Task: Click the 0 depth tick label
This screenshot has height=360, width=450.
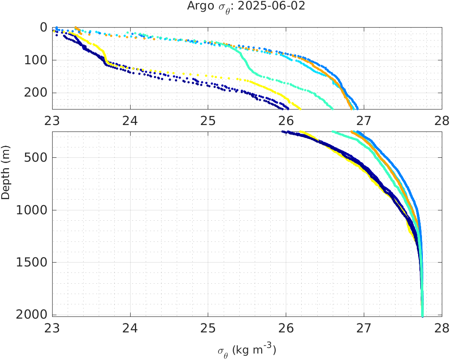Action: pyautogui.click(x=44, y=27)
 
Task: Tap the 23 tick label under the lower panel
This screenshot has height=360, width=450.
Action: pyautogui.click(x=53, y=328)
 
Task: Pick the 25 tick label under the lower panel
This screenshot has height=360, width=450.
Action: pyautogui.click(x=208, y=328)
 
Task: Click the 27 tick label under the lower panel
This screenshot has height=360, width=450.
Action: pyautogui.click(x=364, y=328)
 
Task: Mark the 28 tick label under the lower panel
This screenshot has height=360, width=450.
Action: pyautogui.click(x=442, y=328)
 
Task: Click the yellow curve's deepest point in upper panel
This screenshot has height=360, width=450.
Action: pyautogui.click(x=300, y=108)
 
